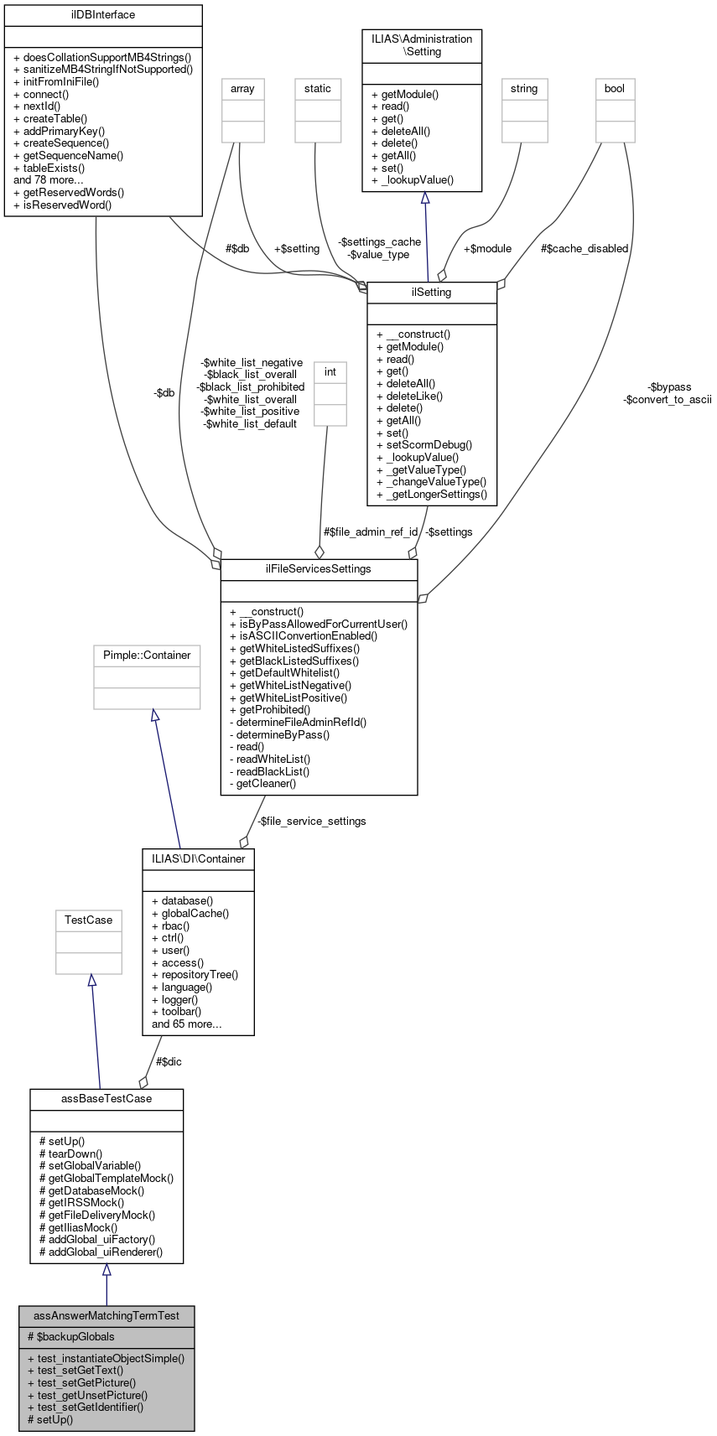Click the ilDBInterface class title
coord(103,15)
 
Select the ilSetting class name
coord(432,293)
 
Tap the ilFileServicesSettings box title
coord(319,569)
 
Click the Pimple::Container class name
coord(147,656)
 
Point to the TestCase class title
coord(88,920)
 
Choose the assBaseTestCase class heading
coord(107,1099)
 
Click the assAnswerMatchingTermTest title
coord(107,1315)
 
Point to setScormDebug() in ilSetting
coord(424,445)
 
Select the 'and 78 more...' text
coord(49,179)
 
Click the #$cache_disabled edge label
coord(585,249)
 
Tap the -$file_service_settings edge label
coord(311,822)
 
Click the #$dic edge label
coord(169,1061)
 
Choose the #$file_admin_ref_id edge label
coord(371,532)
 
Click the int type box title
coord(330,371)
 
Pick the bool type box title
coord(615,88)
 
